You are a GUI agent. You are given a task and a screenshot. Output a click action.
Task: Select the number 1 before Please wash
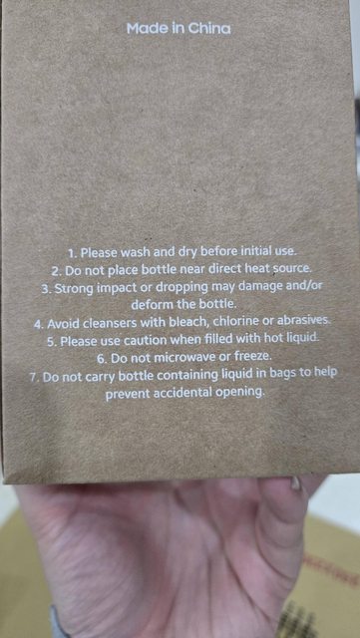click(x=72, y=253)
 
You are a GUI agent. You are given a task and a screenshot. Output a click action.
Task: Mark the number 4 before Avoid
click(x=39, y=325)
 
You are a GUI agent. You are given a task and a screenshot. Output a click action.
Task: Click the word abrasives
click(x=303, y=320)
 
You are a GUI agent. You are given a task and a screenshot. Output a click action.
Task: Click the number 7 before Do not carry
click(x=34, y=377)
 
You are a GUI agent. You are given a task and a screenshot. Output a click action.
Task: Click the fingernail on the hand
click(x=296, y=482)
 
